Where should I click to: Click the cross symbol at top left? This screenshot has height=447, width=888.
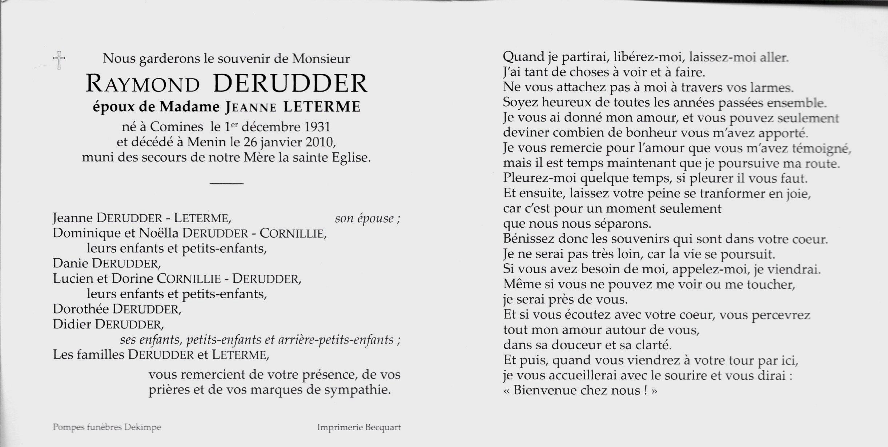(x=59, y=60)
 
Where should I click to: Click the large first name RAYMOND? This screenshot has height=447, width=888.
(x=142, y=84)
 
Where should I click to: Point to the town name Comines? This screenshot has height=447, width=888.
(x=177, y=127)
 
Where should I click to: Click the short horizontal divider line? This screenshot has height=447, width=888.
(x=226, y=183)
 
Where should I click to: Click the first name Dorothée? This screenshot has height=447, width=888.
(x=81, y=309)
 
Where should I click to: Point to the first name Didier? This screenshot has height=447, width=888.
(x=72, y=324)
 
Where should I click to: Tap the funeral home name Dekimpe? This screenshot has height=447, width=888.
(x=142, y=427)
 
